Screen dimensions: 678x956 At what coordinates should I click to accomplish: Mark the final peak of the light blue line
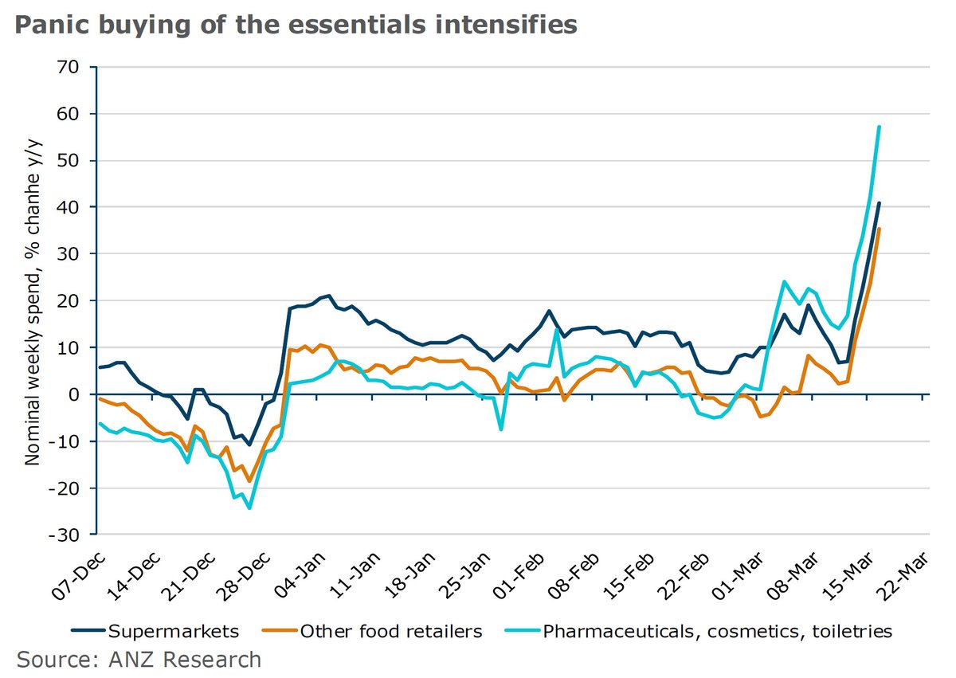[879, 127]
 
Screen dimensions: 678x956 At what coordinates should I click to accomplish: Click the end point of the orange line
[879, 229]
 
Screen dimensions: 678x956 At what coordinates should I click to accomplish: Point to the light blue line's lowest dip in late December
[249, 508]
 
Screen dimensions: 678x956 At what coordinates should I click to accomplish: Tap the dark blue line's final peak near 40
[879, 203]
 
